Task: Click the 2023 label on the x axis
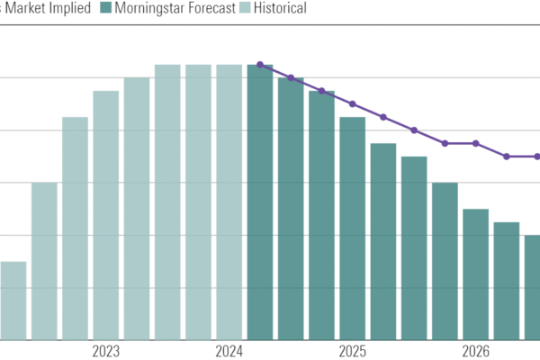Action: pos(106,351)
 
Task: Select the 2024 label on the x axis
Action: pos(229,351)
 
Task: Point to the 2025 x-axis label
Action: pos(352,351)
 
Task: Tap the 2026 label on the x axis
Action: pos(475,351)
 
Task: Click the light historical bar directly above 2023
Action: pos(106,216)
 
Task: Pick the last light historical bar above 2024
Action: pos(229,202)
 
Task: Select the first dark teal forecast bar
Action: pos(260,202)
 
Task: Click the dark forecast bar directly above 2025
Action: pos(352,229)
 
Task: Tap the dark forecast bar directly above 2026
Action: pos(475,274)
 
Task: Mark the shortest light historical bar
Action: pos(13,301)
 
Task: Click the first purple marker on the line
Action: pos(260,65)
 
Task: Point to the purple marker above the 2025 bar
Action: pos(352,103)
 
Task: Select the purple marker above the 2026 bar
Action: pos(475,143)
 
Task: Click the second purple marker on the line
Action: pos(291,77)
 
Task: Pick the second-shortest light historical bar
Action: pos(44,261)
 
